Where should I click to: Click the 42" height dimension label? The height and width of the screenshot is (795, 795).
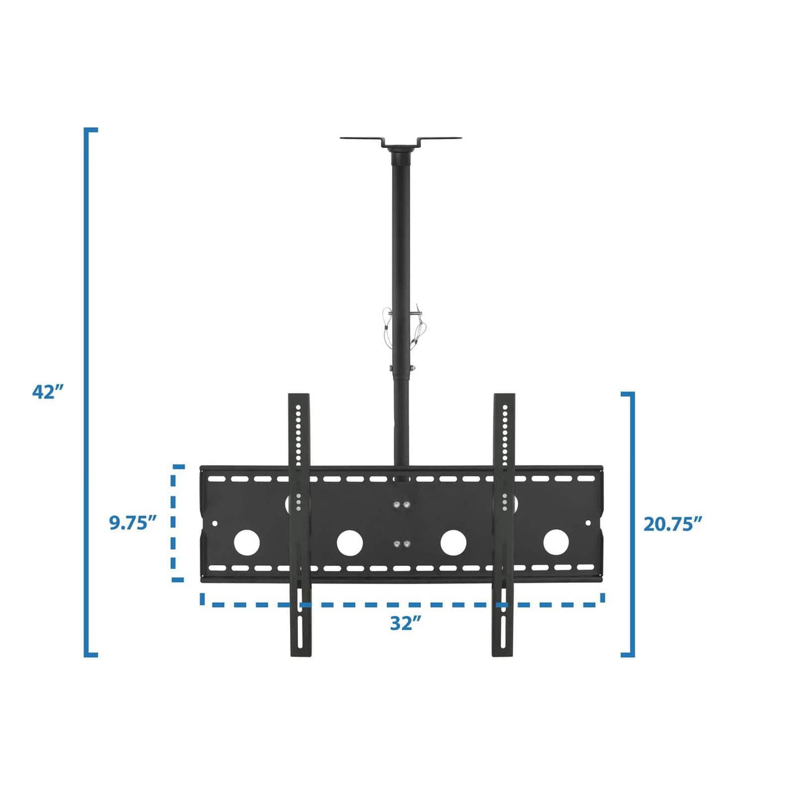48,392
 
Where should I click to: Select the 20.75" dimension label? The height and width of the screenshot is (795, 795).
673,524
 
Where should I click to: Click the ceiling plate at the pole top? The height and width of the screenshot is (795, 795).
400,140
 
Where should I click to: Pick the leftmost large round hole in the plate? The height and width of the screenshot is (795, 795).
247,542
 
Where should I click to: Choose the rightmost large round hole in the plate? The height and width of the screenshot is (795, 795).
555,542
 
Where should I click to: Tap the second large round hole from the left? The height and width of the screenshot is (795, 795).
350,542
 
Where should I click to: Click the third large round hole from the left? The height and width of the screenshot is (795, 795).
453,542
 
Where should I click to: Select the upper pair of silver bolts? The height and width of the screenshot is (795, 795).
401,505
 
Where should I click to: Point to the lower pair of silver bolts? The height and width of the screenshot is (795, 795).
401,544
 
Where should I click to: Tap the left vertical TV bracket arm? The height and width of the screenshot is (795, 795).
299,524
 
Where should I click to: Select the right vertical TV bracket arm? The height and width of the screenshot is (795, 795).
504,524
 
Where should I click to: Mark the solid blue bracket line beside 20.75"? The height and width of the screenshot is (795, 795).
632,524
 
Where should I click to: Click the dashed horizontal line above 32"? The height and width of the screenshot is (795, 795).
402,603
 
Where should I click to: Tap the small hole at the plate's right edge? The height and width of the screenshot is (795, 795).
587,523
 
